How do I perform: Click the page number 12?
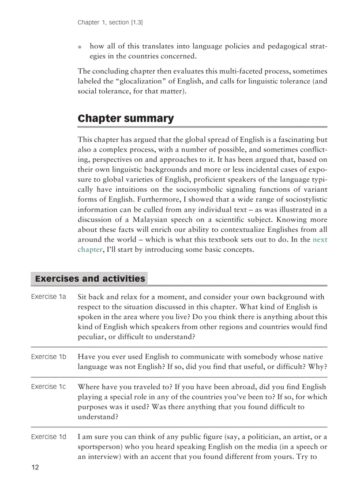click(35, 467)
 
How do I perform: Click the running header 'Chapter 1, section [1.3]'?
click(110, 22)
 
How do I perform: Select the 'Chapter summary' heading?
click(126, 119)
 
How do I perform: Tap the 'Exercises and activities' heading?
click(90, 279)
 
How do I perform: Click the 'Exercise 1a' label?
click(49, 297)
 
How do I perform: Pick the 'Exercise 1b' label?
click(49, 357)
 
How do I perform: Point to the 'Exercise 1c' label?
click(49, 387)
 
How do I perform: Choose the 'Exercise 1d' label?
click(49, 437)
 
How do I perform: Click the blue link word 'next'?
click(320, 240)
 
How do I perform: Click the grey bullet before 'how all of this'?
click(80, 47)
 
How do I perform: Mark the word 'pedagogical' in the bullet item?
click(277, 46)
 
